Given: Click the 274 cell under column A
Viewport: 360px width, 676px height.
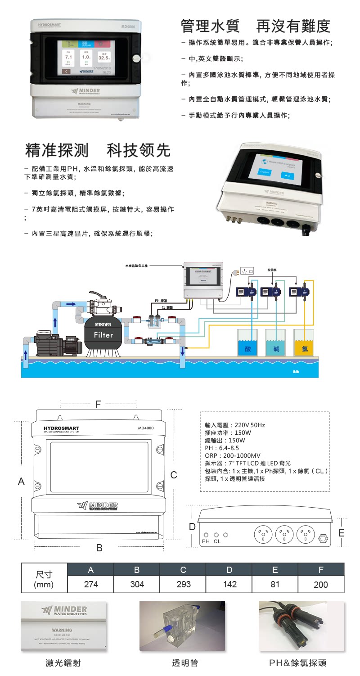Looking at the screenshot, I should click(90, 584).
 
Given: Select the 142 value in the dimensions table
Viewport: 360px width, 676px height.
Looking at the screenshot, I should click(229, 584).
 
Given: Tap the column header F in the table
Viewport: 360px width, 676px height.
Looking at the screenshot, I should click(320, 570).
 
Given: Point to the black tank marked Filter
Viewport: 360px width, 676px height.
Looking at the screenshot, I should click(103, 333).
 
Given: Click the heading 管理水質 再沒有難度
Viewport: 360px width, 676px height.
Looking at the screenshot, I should click(255, 27).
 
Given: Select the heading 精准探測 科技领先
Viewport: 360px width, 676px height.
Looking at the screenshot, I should click(98, 150).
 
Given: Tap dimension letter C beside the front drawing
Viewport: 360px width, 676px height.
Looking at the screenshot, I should click(174, 474).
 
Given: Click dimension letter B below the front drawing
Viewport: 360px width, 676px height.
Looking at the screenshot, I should click(99, 548).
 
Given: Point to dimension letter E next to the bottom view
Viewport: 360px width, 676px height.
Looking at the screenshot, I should click(341, 533).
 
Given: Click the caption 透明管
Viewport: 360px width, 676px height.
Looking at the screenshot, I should click(185, 662).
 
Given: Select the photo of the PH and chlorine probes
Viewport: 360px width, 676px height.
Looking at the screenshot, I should click(301, 626).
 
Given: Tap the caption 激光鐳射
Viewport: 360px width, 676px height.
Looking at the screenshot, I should click(64, 662).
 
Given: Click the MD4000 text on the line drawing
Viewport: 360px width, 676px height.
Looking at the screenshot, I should click(145, 428).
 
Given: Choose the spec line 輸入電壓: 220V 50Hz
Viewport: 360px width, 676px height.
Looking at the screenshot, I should click(234, 425).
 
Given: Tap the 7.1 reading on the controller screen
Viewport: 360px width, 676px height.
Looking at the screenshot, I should click(68, 58).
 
